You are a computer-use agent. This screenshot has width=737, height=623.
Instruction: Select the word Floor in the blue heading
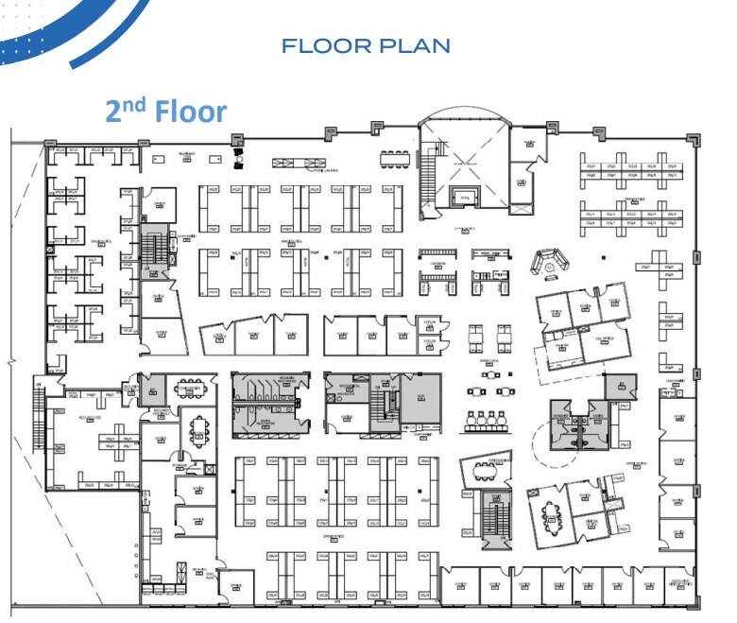[x=191, y=112]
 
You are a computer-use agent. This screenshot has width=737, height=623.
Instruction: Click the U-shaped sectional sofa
[x=548, y=262]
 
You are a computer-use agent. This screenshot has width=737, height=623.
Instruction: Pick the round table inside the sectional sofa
[x=548, y=268]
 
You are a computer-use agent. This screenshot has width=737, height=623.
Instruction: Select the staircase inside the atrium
[x=426, y=171]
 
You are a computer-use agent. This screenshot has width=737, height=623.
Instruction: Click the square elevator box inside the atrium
[x=464, y=197]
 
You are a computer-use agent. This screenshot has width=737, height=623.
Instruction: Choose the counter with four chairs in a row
[x=490, y=421]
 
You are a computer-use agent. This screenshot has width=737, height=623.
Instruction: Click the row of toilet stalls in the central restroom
[x=267, y=390]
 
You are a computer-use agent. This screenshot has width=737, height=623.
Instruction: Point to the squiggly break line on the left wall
[x=10, y=364]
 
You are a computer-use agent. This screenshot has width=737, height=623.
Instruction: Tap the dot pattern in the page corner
[x=24, y=43]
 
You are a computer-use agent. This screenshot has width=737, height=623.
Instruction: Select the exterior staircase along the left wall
[x=39, y=406]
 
